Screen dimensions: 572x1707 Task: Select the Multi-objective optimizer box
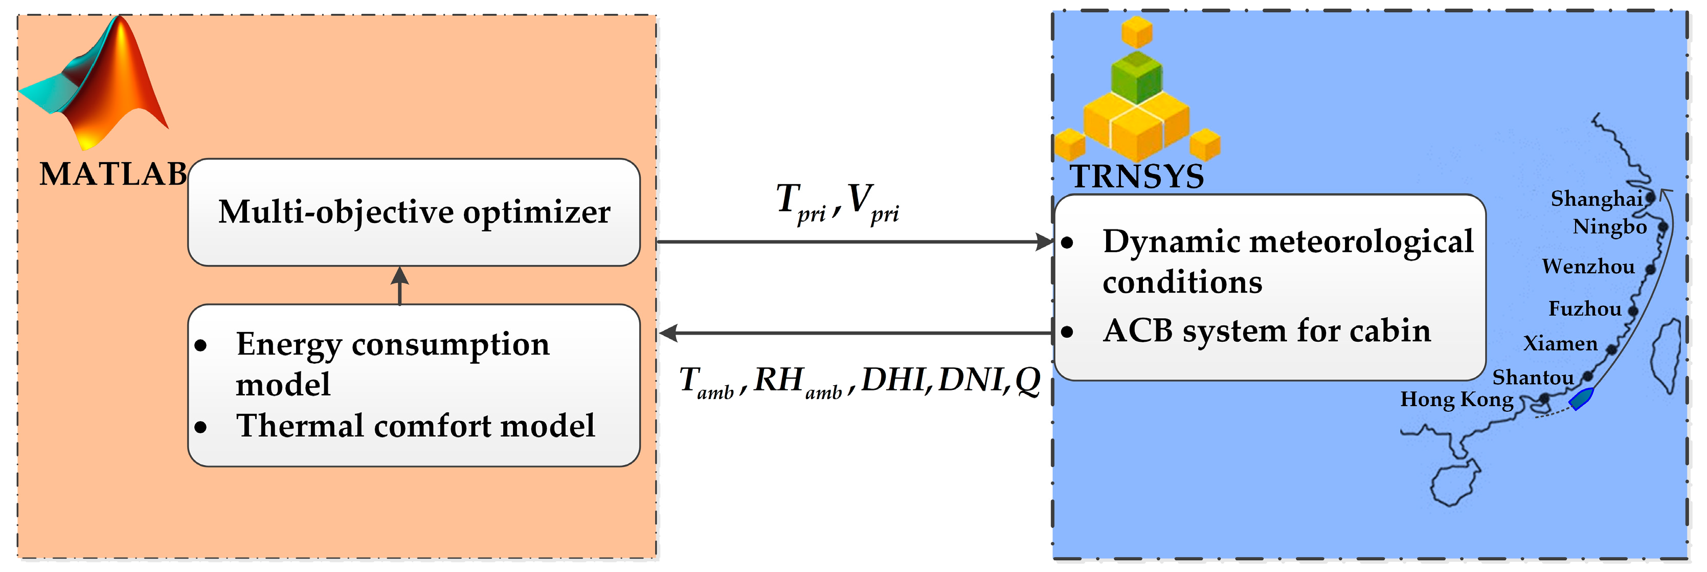[x=414, y=212]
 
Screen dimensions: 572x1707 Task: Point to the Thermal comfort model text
[x=415, y=426]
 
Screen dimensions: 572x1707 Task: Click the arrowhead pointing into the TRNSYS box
[x=1044, y=242]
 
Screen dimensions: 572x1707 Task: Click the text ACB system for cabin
[x=1266, y=331]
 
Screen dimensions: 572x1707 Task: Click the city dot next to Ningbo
[x=1663, y=227]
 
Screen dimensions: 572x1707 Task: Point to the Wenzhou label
[x=1588, y=267]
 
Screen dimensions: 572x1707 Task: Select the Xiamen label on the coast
[x=1560, y=343]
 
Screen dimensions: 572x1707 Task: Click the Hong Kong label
[x=1456, y=400]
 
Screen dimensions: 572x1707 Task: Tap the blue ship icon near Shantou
[x=1581, y=399]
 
